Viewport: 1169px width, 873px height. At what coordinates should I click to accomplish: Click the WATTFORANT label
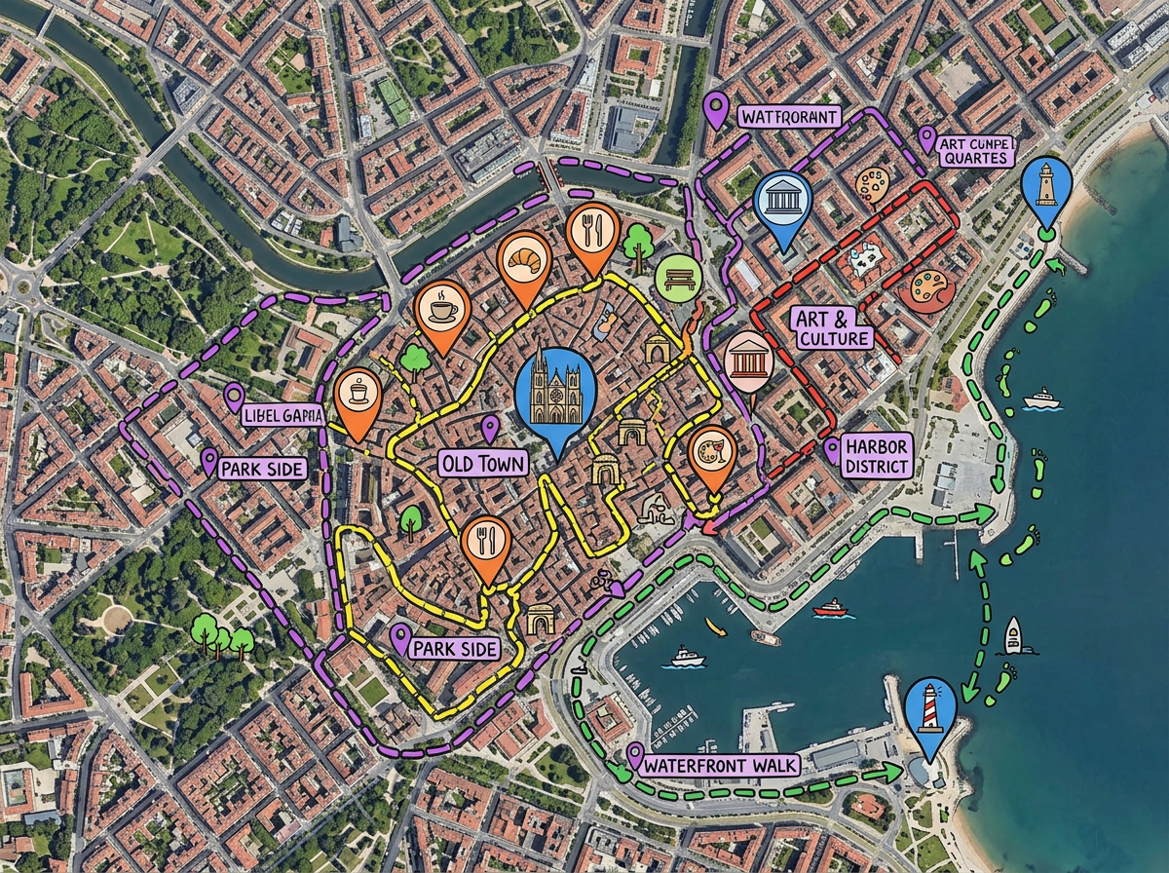click(789, 118)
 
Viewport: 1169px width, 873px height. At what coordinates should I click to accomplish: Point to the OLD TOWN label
click(482, 463)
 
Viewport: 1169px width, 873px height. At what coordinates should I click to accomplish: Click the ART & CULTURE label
click(832, 328)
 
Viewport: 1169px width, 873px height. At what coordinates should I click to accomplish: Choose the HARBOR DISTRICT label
click(877, 455)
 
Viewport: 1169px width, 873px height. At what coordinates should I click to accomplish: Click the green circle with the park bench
click(678, 277)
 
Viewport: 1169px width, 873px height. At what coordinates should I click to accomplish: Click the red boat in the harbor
click(830, 609)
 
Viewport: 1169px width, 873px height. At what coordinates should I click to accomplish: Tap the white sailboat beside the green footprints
click(1014, 636)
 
